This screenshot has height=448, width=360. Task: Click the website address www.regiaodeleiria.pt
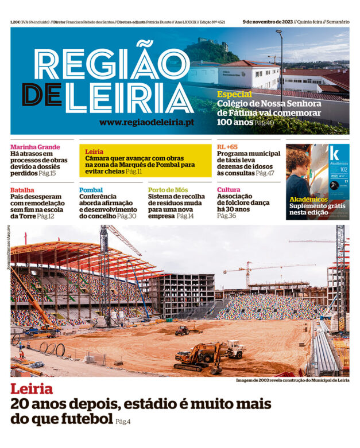(x=146, y=122)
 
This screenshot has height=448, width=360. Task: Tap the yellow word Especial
(x=234, y=94)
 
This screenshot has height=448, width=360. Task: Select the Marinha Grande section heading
(x=35, y=147)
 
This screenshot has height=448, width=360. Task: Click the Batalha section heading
(x=22, y=190)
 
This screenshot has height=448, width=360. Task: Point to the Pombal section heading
(x=91, y=190)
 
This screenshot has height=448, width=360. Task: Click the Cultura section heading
(x=229, y=190)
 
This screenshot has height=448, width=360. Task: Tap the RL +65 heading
(x=227, y=147)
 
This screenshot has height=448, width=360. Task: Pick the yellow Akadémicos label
(x=308, y=199)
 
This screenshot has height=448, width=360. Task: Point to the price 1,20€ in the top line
(x=18, y=22)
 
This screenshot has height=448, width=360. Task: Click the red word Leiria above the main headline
(x=32, y=389)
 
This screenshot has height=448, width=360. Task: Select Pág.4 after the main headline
(x=123, y=422)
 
